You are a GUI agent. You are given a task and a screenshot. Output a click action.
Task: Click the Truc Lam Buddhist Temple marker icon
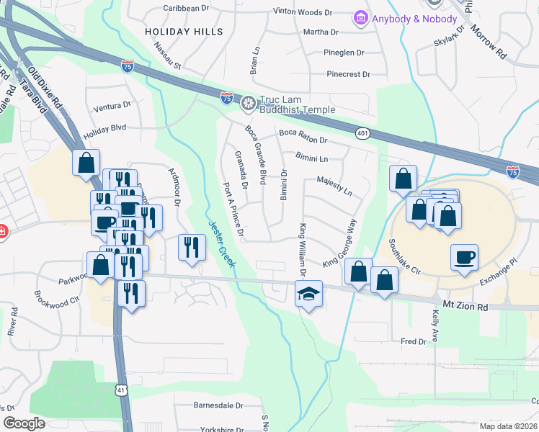[x=249, y=104]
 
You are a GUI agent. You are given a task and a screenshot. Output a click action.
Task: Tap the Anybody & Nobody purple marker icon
[x=360, y=18]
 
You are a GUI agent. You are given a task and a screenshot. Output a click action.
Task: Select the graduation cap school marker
[x=308, y=294]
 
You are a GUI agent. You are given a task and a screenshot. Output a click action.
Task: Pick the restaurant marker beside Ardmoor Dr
[x=191, y=247]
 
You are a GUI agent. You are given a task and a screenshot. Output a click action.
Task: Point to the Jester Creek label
[x=222, y=245]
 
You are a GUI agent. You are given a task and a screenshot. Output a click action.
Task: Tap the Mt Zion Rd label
[x=466, y=307]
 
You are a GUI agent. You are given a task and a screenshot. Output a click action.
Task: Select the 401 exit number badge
[x=362, y=133]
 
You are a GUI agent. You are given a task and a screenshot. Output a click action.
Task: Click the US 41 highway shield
[x=121, y=390]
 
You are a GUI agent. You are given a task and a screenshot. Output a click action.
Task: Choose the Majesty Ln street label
[x=334, y=186]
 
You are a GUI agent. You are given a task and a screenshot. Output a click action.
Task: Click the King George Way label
[x=340, y=243]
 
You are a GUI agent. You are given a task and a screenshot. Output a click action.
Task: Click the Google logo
[x=24, y=423]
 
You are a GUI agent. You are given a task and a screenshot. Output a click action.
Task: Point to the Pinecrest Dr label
[x=347, y=74]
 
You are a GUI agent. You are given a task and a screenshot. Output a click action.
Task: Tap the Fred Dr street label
[x=414, y=341]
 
